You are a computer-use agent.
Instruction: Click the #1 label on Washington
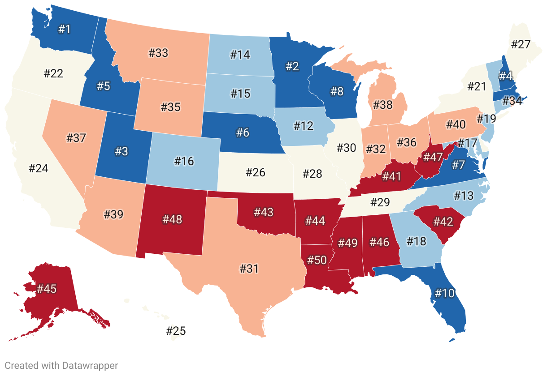pos(65,30)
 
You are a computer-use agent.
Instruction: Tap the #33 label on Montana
pos(158,53)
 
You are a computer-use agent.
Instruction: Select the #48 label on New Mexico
pos(173,220)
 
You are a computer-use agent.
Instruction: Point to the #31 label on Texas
pos(249,269)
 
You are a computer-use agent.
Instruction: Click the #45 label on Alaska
pos(47,289)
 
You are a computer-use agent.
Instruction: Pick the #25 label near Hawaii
pos(176,331)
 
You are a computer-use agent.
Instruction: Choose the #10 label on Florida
pos(444,294)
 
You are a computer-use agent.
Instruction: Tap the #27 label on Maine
pos(521,45)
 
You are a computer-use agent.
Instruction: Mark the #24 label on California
pos(38,169)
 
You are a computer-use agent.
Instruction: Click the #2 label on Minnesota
pos(292,67)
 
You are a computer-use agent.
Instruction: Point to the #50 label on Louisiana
pos(317,261)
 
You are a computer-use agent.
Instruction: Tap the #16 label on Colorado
pos(184,161)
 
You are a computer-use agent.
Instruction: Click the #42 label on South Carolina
pos(443,222)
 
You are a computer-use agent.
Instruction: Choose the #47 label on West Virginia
pos(433,157)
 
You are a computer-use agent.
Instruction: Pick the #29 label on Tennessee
pos(380,202)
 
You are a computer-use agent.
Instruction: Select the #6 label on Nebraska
pos(242,132)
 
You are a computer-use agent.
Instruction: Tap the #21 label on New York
pos(477,87)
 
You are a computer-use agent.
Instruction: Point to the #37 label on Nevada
pos(76,138)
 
